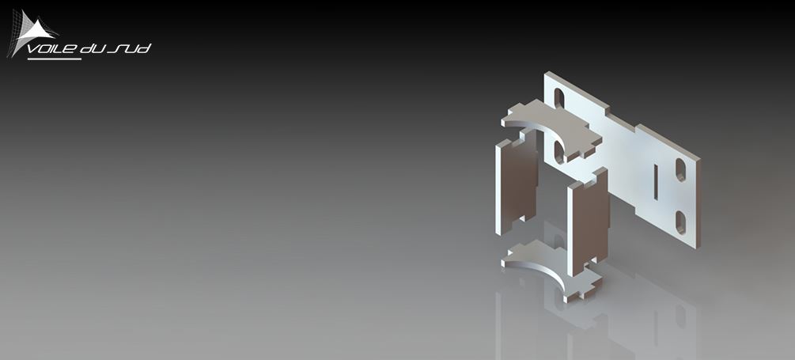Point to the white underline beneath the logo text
point(55,59)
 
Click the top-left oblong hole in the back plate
point(558,98)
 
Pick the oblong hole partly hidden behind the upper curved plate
point(558,152)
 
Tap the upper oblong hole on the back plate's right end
point(680,170)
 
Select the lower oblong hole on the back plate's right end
point(680,222)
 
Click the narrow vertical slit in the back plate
point(656,181)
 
